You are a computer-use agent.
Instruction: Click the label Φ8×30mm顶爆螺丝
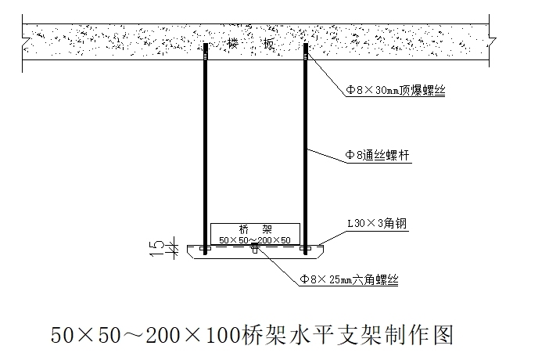[x=396, y=91]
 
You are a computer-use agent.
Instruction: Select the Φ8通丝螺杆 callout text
[x=378, y=157]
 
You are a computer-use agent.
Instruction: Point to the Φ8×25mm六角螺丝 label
[x=349, y=279]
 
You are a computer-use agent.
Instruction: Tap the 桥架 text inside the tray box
[x=255, y=229]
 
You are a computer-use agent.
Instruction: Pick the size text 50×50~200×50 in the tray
[x=255, y=239]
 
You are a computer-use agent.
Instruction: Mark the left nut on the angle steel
[x=206, y=249]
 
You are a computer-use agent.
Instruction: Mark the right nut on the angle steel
[x=305, y=249]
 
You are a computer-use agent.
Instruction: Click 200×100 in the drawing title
[x=198, y=335]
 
